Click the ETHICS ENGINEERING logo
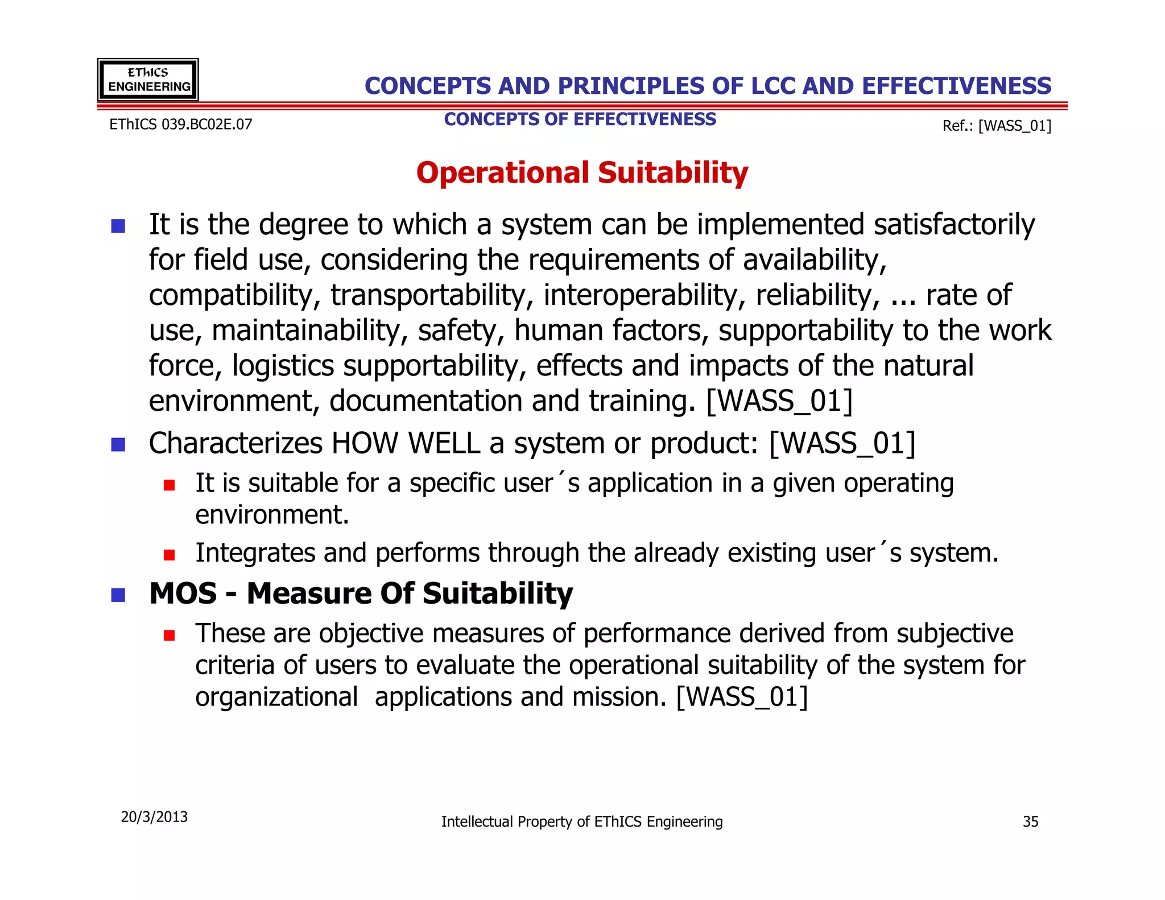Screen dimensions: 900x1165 tap(148, 80)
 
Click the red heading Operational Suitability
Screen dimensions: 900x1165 tap(582, 172)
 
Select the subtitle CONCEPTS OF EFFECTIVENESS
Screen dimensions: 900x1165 tap(580, 119)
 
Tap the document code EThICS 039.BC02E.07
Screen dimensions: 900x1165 tap(180, 125)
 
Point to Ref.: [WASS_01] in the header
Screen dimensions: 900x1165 tap(997, 126)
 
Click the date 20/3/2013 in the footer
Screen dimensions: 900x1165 tap(154, 817)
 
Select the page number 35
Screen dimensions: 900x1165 tap(1030, 821)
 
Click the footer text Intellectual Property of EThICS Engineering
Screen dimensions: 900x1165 tap(582, 821)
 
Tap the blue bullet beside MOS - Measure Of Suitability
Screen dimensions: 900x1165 tap(118, 595)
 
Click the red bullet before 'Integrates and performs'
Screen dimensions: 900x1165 tap(169, 555)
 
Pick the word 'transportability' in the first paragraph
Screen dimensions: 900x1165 tap(432, 295)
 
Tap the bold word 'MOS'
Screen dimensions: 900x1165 tap(183, 593)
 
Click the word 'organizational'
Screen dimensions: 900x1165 tap(276, 697)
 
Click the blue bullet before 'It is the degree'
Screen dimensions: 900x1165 tap(118, 226)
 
